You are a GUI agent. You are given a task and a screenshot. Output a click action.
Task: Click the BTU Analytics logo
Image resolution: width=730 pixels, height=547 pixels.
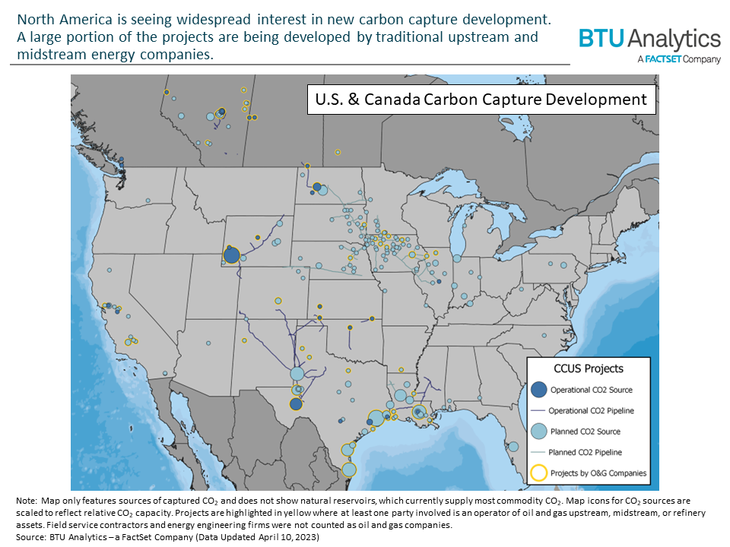pyautogui.click(x=649, y=39)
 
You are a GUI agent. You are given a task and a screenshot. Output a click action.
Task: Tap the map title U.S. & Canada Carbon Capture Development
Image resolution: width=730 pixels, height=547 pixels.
pyautogui.click(x=481, y=100)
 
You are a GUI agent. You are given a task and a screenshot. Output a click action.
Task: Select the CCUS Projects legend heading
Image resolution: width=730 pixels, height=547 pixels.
pyautogui.click(x=589, y=369)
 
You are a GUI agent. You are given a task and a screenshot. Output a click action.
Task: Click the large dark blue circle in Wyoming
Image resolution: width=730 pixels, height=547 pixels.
pyautogui.click(x=232, y=255)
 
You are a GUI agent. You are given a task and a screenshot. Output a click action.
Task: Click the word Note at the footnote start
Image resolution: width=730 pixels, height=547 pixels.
pyautogui.click(x=26, y=502)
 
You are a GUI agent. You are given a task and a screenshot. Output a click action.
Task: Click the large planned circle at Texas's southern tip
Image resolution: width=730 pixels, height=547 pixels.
pyautogui.click(x=348, y=470)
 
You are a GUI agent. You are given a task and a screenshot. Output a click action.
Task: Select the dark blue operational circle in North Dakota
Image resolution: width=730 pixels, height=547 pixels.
pyautogui.click(x=316, y=187)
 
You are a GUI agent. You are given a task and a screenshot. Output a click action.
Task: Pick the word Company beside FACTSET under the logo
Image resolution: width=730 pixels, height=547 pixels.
pyautogui.click(x=701, y=59)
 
